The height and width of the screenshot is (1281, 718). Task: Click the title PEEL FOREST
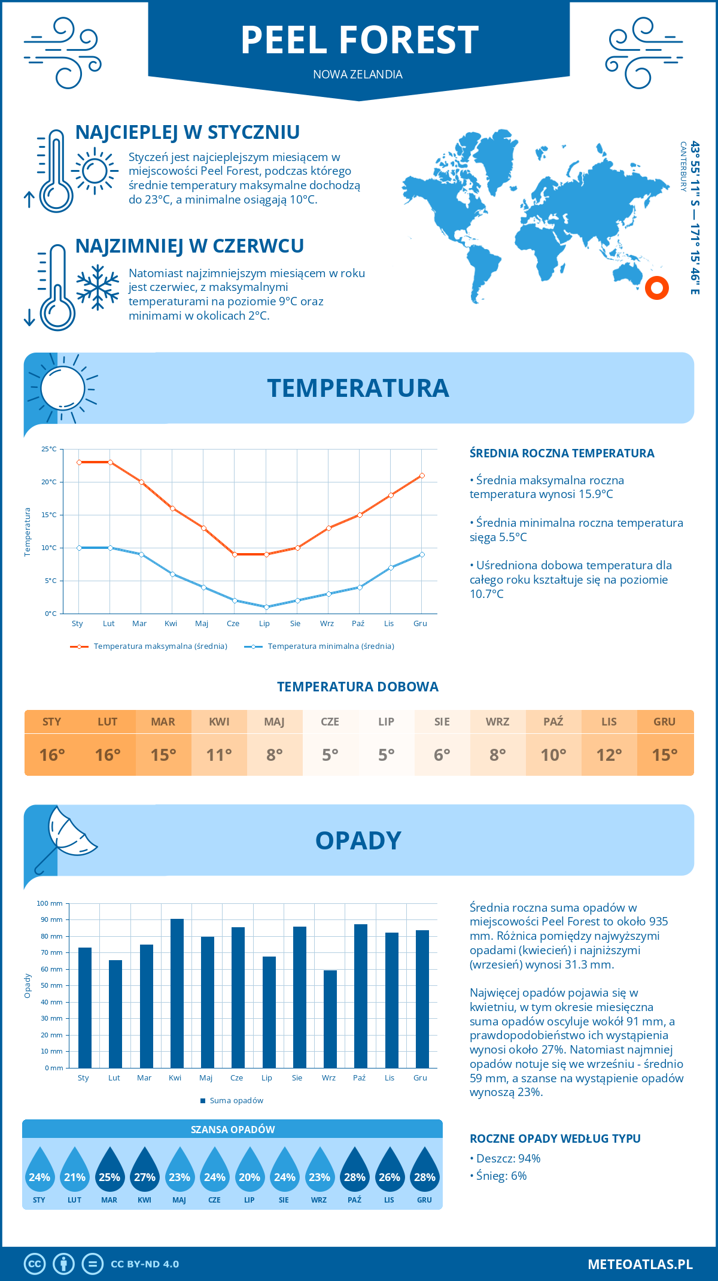click(x=359, y=40)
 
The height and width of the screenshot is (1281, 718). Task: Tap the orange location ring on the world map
click(x=656, y=288)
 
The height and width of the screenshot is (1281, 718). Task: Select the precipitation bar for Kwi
click(x=177, y=993)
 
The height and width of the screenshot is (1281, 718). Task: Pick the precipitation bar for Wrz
click(x=330, y=1019)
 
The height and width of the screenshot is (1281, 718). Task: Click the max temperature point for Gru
click(x=422, y=475)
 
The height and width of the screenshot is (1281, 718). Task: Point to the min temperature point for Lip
click(x=266, y=607)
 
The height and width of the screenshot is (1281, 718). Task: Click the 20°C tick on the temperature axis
click(x=50, y=482)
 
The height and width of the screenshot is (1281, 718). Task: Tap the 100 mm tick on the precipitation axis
click(x=50, y=903)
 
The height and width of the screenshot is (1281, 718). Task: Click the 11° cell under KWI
click(x=219, y=755)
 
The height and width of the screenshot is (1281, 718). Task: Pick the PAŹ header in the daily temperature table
click(x=553, y=722)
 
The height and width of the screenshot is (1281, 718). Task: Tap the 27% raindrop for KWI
click(x=144, y=1170)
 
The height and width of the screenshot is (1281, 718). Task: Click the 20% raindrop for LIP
click(x=250, y=1170)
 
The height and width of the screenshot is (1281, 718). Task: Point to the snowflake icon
click(x=98, y=287)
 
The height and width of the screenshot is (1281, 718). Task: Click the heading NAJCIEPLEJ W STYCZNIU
click(x=187, y=132)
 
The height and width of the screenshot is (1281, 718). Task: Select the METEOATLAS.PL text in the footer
click(x=640, y=1264)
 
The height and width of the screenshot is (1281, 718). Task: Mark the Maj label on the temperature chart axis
click(x=202, y=624)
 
